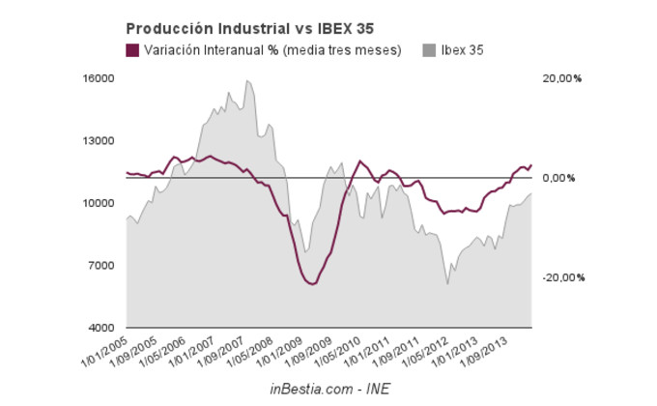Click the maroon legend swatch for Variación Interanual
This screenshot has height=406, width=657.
[x=132, y=50]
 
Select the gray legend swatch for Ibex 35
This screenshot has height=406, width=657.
[x=430, y=50]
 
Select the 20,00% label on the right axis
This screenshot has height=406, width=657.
[x=563, y=78]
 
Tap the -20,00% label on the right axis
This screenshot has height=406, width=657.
[x=563, y=277]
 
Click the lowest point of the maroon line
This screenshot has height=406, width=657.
[x=310, y=284]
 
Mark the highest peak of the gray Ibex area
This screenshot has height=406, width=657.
[x=247, y=80]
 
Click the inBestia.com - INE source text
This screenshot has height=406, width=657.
[x=328, y=388]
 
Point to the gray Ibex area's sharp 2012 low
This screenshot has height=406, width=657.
[x=447, y=283]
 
